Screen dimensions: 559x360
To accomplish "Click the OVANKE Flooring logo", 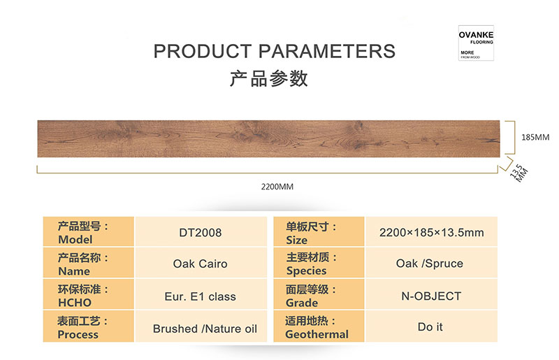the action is click(x=476, y=43).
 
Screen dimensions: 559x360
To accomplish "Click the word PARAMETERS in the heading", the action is click(x=326, y=51).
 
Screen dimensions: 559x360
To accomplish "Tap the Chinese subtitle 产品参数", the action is click(x=268, y=78).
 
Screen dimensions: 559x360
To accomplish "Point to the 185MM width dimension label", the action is click(x=535, y=138).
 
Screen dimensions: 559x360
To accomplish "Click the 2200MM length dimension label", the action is click(x=277, y=187).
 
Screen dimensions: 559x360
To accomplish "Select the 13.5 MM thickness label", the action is click(x=519, y=173).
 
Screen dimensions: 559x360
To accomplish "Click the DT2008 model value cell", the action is click(x=201, y=233).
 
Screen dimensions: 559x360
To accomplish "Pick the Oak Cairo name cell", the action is click(x=201, y=264).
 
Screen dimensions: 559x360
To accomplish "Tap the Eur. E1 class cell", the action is click(x=201, y=296).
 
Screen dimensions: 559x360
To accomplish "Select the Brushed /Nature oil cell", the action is click(x=205, y=329).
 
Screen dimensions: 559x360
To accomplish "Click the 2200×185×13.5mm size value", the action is click(x=431, y=233).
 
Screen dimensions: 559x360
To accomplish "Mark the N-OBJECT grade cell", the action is click(x=431, y=296).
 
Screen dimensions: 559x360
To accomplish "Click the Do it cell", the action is click(x=431, y=327).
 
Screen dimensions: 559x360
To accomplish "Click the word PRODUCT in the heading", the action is click(x=203, y=51).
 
